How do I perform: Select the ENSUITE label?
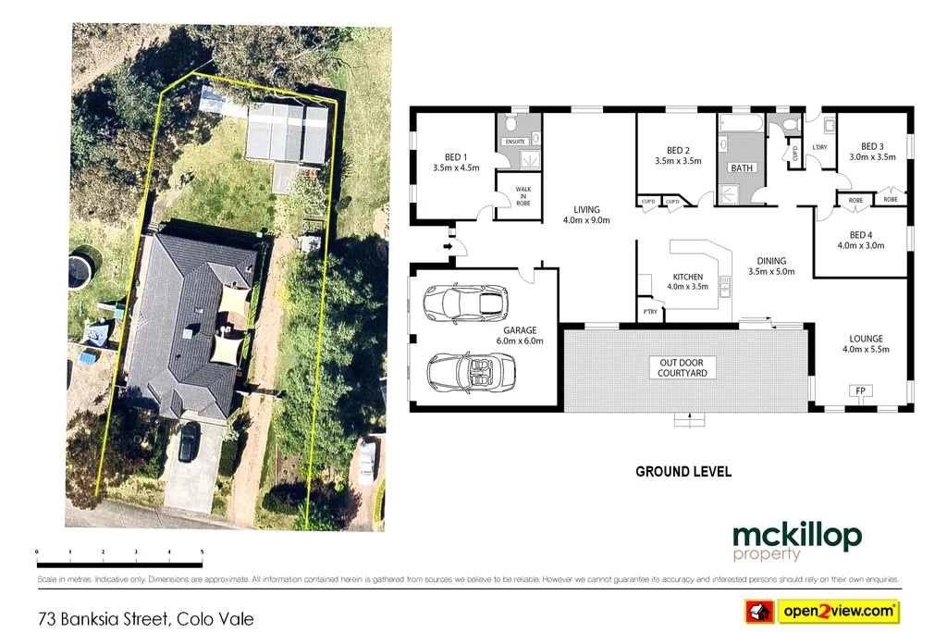[514, 142]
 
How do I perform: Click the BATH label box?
[742, 168]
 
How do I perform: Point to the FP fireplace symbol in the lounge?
[860, 391]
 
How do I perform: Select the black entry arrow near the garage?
[449, 247]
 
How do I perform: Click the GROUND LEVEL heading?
[683, 472]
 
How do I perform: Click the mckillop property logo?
[796, 541]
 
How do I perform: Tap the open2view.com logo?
[823, 611]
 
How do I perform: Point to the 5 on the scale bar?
[202, 551]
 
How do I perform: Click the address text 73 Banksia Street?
[145, 618]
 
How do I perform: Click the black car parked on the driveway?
[188, 442]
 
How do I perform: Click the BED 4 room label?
[860, 240]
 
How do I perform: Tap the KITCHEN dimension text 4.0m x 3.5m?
[687, 287]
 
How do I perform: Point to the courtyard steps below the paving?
[684, 420]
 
